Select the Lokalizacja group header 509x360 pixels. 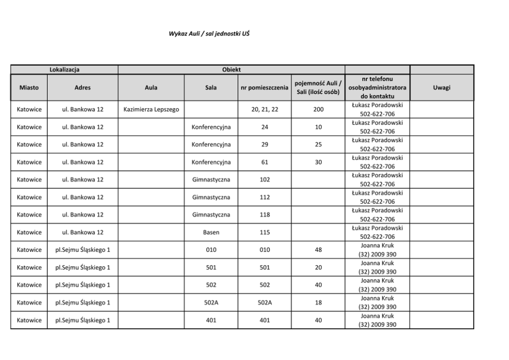point(64,69)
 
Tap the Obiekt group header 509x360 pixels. point(231,69)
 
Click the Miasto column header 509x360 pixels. point(29,88)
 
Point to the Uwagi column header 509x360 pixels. point(441,88)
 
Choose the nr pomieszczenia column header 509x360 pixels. point(264,88)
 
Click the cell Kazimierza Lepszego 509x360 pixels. point(151,110)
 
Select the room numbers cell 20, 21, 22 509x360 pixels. point(264,110)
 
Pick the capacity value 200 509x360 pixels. point(318,110)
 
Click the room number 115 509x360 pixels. point(264,232)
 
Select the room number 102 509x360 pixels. point(264,180)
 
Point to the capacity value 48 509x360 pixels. point(318,250)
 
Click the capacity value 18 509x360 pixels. point(318,303)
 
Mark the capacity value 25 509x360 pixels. point(318,145)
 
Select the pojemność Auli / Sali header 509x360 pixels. point(318,88)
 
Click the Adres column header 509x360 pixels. point(82,88)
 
